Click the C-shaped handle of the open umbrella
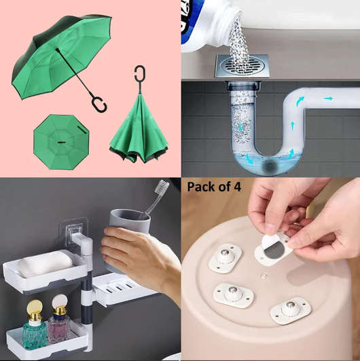click(x=99, y=104)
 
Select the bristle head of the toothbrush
click(x=164, y=188)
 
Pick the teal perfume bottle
click(x=34, y=330)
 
